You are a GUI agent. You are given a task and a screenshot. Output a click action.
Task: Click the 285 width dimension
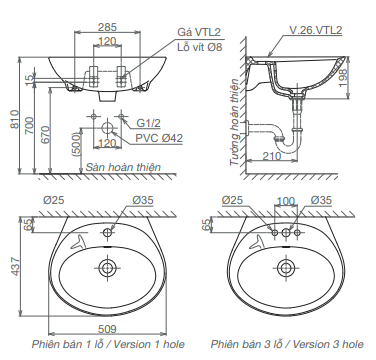[x=107, y=27]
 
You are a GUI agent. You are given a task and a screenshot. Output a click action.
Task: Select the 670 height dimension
[x=45, y=135]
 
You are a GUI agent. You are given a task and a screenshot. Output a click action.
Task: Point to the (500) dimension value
[x=76, y=144]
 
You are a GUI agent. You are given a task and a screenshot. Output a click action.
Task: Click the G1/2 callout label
[x=148, y=123]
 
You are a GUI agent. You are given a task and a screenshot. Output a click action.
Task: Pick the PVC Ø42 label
[x=159, y=138]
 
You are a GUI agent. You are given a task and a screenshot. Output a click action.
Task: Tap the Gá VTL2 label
[x=199, y=32]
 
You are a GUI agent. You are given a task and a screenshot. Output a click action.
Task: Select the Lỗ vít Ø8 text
[x=199, y=47]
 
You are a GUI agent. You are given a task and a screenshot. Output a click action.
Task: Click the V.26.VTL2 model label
[x=315, y=30]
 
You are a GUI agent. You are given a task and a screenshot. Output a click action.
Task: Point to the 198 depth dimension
[x=344, y=78]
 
